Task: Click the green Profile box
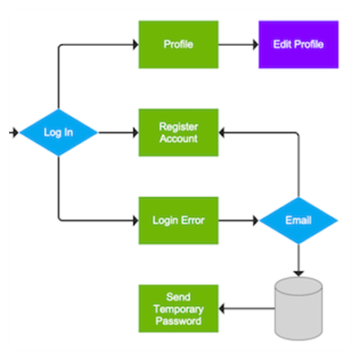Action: (x=178, y=44)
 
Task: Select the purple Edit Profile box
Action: (x=299, y=44)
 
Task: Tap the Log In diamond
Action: (x=58, y=132)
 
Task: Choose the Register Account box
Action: (x=178, y=132)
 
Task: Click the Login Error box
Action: (x=178, y=220)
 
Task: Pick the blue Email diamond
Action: (x=299, y=220)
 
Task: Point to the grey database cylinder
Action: (x=299, y=309)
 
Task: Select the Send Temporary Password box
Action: (x=178, y=309)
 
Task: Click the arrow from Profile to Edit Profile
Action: (x=238, y=45)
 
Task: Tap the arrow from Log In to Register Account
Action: (x=119, y=132)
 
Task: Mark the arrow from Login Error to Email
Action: (x=238, y=220)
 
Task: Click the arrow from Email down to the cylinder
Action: (x=299, y=260)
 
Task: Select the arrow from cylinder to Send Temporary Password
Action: (x=247, y=309)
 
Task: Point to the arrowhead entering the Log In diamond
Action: (x=15, y=132)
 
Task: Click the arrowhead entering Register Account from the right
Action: (x=221, y=132)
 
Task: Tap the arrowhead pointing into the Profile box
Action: (x=136, y=45)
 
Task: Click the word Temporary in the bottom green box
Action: (x=178, y=309)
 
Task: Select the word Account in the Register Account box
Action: (x=178, y=139)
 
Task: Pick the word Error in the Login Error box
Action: (x=193, y=220)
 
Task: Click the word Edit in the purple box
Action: (x=283, y=44)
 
